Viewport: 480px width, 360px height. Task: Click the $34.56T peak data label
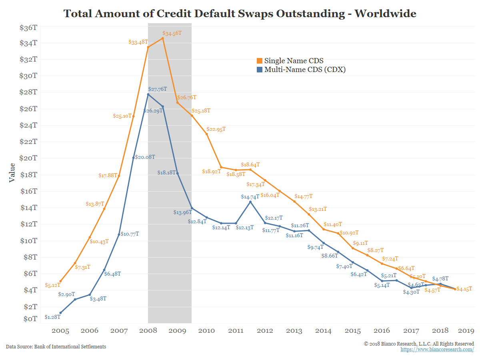point(172,33)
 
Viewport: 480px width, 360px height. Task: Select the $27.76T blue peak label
point(158,89)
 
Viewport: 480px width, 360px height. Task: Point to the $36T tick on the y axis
point(28,28)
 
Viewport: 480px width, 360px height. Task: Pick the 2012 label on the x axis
point(265,331)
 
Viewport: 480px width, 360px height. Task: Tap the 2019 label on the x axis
point(466,331)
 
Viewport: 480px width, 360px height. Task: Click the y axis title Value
point(12,172)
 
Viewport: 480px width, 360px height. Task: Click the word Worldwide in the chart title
point(386,14)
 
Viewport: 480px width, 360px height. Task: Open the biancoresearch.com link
point(437,350)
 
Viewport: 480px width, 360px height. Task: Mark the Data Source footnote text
point(56,347)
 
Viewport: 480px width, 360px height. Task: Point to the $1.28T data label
point(52,317)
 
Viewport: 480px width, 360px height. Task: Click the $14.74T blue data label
point(250,197)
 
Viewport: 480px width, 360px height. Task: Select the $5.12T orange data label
point(53,285)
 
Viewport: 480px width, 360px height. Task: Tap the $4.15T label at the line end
point(464,288)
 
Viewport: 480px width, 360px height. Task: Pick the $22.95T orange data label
point(216,129)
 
